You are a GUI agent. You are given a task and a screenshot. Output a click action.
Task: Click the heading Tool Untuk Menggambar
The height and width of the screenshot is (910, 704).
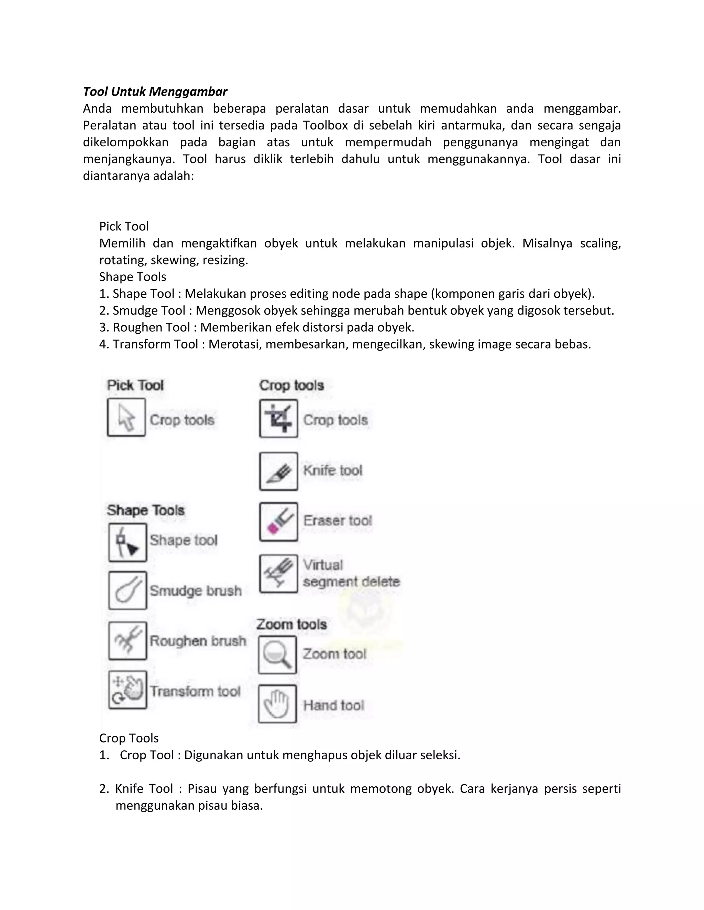tap(155, 92)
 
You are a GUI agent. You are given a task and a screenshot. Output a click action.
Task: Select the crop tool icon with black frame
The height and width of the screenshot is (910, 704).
tap(278, 418)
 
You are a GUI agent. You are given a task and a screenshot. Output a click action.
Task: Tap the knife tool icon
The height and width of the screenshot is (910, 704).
tap(278, 471)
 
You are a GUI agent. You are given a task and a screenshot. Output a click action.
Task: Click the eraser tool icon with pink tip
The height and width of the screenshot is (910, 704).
tap(278, 522)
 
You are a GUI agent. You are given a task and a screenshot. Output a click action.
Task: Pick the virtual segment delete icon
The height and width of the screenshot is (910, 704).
tap(278, 573)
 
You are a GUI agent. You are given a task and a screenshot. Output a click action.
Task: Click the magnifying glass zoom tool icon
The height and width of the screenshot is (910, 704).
tap(277, 655)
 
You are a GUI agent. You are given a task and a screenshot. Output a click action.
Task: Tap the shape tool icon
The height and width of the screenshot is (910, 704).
tap(128, 543)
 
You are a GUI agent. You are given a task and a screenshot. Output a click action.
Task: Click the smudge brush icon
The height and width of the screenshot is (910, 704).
tap(128, 590)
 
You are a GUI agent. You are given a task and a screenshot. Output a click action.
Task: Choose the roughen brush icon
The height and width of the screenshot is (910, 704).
tap(128, 641)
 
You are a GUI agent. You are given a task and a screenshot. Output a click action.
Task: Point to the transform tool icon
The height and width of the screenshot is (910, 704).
tap(128, 690)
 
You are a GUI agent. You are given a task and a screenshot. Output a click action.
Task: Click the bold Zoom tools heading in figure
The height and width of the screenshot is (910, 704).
tap(291, 624)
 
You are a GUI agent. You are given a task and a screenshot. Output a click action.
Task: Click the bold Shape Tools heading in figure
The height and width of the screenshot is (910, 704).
tap(145, 510)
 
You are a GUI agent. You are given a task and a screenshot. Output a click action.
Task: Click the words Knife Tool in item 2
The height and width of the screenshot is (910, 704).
tap(144, 789)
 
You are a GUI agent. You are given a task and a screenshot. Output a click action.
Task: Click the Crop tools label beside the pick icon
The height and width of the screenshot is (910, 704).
tap(182, 420)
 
